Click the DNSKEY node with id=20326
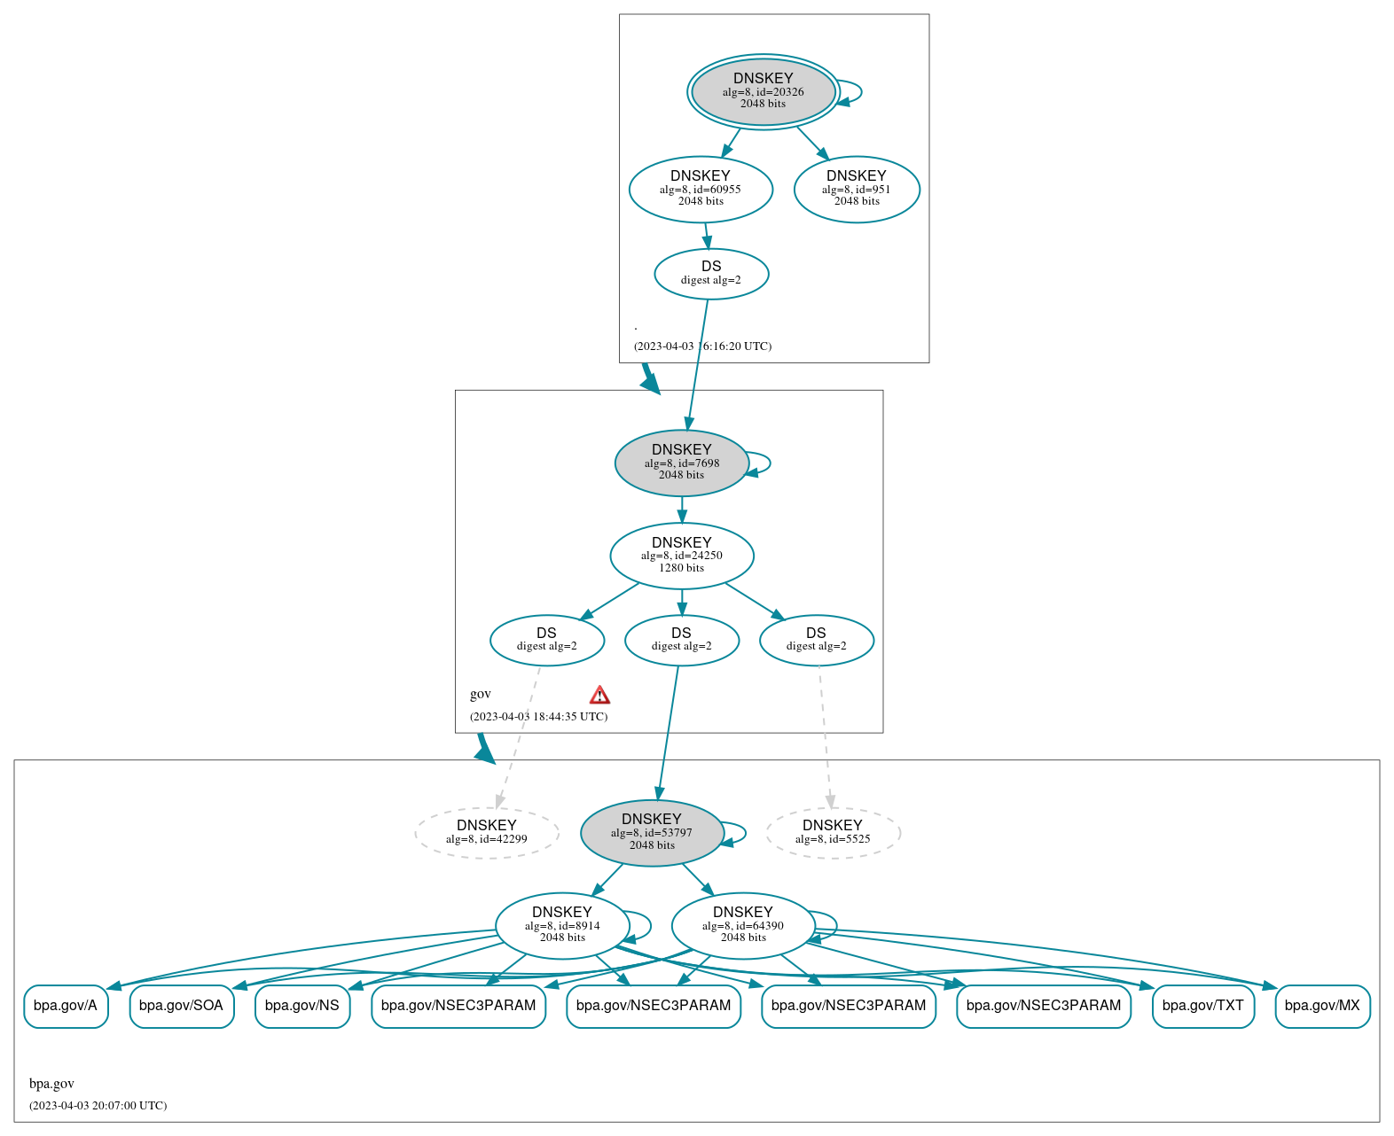[x=763, y=91]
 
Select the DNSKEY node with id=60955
[x=701, y=189]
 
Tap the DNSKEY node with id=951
[x=857, y=189]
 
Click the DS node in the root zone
[x=711, y=274]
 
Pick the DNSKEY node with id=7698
[x=681, y=463]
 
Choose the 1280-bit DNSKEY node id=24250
[x=681, y=556]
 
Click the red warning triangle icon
[x=599, y=695]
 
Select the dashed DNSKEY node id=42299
[x=486, y=832]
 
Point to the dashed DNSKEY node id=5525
[x=833, y=832]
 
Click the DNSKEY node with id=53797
[x=652, y=833]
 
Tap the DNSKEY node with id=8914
[x=562, y=925]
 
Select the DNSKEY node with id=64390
[x=743, y=925]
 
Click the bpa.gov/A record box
[x=66, y=1006]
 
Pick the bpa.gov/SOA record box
[x=182, y=1006]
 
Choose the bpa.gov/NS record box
[x=302, y=1006]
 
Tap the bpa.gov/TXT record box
[x=1202, y=1006]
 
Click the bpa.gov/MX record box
[x=1322, y=1006]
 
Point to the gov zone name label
[x=481, y=694]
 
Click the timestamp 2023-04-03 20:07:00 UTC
[x=98, y=1106]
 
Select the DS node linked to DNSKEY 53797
[x=681, y=640]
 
